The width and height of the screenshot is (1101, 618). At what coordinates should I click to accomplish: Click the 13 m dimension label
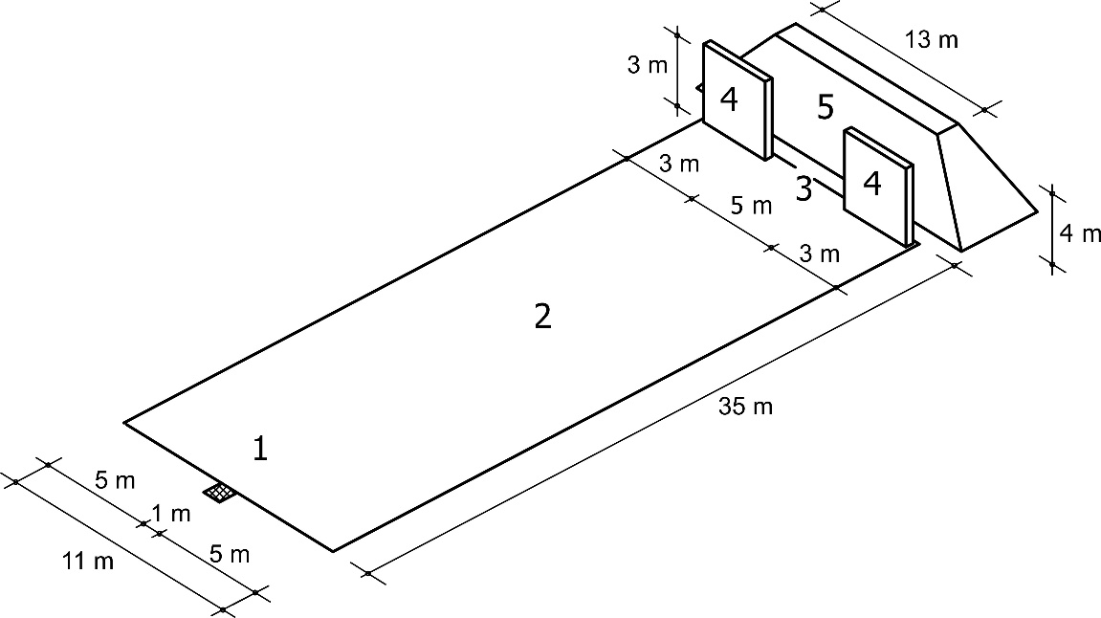click(x=931, y=40)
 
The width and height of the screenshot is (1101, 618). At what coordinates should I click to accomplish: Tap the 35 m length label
click(x=746, y=407)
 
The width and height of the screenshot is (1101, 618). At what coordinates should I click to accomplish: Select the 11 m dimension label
click(x=88, y=562)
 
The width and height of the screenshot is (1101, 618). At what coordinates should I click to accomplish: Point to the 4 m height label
click(x=1080, y=233)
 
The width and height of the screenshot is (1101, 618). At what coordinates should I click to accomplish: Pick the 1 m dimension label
click(x=171, y=514)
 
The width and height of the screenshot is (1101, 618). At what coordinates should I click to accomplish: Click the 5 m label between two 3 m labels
click(x=751, y=206)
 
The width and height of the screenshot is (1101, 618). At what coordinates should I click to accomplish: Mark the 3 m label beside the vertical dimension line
click(x=648, y=65)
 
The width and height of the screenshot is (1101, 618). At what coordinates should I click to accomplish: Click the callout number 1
click(x=260, y=448)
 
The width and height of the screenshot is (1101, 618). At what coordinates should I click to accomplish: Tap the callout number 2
click(x=542, y=317)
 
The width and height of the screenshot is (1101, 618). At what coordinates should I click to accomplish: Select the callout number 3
click(x=804, y=188)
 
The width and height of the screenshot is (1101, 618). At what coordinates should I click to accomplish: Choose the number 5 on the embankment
click(x=826, y=107)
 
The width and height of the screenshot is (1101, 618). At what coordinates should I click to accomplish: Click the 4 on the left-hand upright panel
click(x=730, y=99)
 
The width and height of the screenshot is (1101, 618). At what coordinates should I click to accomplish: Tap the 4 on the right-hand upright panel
click(x=872, y=184)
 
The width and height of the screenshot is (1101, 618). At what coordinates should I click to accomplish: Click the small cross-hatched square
click(x=220, y=493)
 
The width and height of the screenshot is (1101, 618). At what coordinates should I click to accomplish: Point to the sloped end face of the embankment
click(x=987, y=188)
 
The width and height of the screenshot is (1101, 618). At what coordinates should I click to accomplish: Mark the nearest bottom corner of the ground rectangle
click(x=333, y=551)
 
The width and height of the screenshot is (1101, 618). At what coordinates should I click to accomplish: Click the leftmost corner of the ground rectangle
click(x=124, y=423)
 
